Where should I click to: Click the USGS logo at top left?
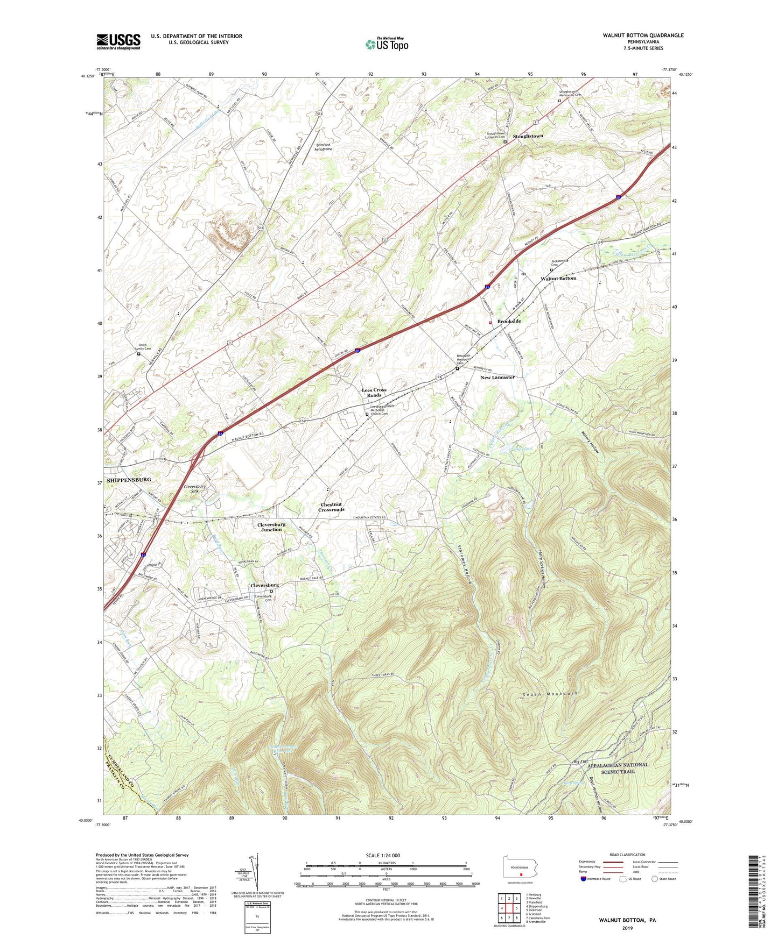[118, 41]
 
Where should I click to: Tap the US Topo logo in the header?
[387, 44]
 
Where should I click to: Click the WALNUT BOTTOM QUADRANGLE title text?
[643, 35]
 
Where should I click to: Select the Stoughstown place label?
[528, 136]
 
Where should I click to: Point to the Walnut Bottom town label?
[558, 278]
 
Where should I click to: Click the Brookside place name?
[509, 321]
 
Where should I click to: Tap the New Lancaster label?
[497, 377]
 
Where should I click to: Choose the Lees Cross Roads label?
[374, 392]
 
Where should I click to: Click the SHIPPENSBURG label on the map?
[128, 479]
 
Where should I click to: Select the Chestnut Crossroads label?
[332, 507]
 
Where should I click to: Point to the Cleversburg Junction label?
[271, 527]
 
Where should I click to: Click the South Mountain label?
[551, 694]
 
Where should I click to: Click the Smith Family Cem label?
[142, 347]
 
